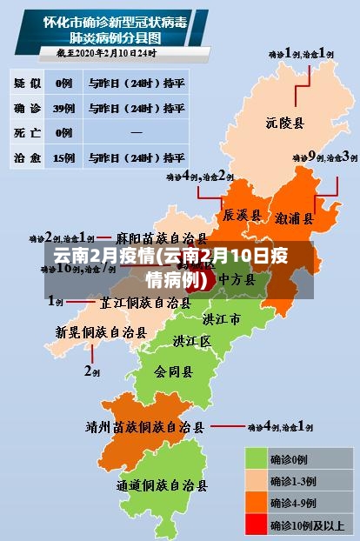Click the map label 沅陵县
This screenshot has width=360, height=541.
(x=284, y=123)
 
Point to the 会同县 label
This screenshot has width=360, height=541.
(x=174, y=371)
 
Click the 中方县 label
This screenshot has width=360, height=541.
(x=236, y=279)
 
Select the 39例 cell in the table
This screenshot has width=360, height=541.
(x=63, y=109)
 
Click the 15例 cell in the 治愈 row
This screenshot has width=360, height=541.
(x=63, y=158)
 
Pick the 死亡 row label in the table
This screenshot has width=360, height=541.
(x=26, y=133)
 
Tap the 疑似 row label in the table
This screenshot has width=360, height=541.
(x=26, y=83)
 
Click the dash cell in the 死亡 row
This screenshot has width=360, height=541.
(x=137, y=133)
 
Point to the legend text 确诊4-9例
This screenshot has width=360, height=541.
(x=293, y=502)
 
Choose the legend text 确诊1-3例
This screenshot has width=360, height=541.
(x=293, y=480)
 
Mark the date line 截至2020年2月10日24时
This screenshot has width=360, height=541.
(x=107, y=53)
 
